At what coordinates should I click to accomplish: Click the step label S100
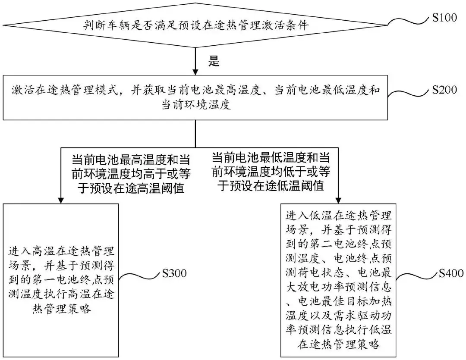pos(444,18)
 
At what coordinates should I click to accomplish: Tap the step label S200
pos(444,90)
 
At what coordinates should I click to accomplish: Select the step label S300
pos(174,273)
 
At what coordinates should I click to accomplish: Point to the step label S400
pos(451,273)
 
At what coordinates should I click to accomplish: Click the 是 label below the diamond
pos(214,61)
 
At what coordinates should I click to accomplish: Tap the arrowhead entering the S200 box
pos(195,72)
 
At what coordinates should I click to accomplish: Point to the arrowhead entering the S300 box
pos(61,200)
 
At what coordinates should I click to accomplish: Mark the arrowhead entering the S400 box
pos(338,200)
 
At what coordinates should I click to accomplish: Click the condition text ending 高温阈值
pos(131,174)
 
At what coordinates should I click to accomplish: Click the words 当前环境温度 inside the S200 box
pos(196,105)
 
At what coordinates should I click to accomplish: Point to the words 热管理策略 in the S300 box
pos(61,309)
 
